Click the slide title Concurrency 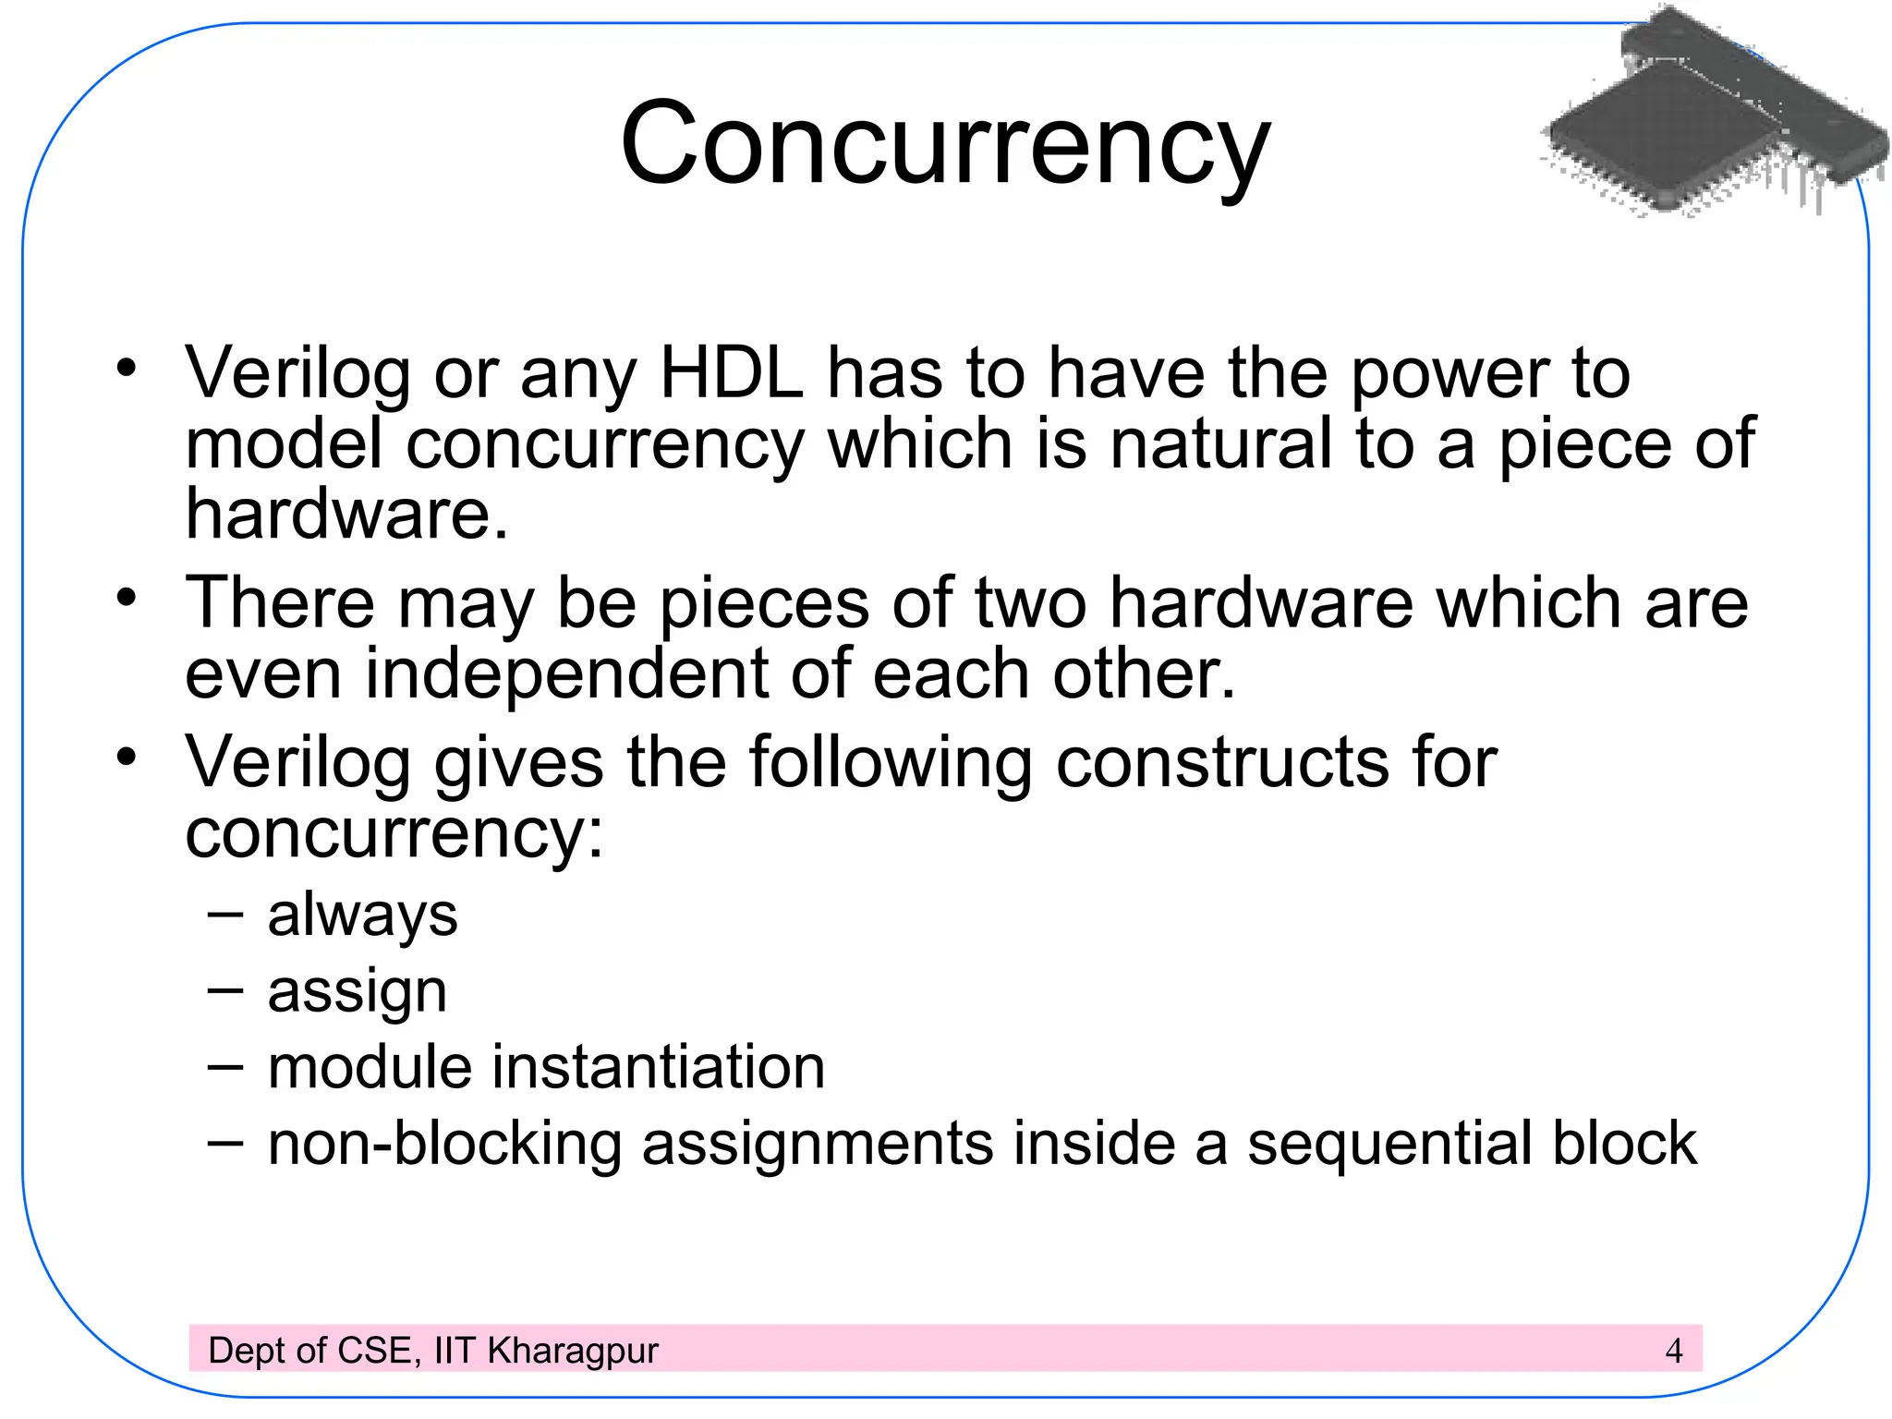[x=945, y=145]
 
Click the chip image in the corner [x=1714, y=115]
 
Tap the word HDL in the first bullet [x=731, y=373]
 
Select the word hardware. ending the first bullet [x=346, y=514]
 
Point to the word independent [x=566, y=673]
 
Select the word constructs [x=1221, y=763]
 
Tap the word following [x=890, y=763]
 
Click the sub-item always [x=362, y=916]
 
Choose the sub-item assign [x=357, y=992]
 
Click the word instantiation [x=658, y=1067]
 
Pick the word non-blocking [x=444, y=1144]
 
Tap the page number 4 [x=1673, y=1351]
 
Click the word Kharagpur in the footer [x=573, y=1351]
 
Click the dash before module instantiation [x=225, y=1067]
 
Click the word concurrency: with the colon [x=394, y=833]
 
